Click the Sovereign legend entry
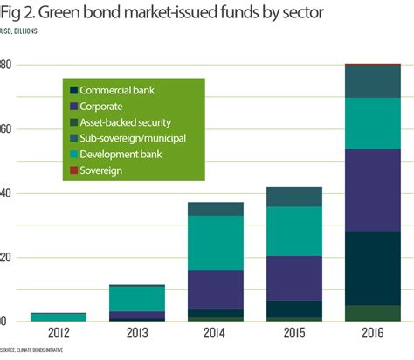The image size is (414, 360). click(x=102, y=170)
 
